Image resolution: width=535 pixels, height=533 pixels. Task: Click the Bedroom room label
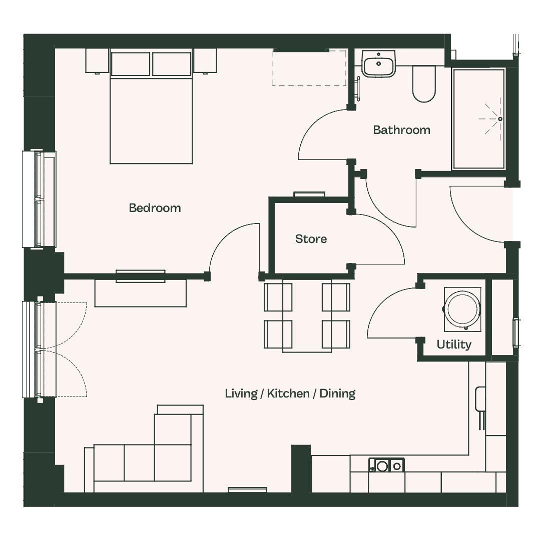[x=155, y=208]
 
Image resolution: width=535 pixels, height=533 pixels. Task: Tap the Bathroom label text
[x=401, y=130]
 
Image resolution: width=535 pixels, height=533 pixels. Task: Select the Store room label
[x=311, y=239]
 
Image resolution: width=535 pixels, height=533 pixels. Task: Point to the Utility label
[x=454, y=344]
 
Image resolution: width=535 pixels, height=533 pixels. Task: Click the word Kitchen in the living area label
[x=288, y=393]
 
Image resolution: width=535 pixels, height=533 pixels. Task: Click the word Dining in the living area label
[x=337, y=393]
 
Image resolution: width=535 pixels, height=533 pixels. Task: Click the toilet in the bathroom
[x=424, y=84]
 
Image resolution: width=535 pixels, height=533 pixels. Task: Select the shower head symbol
[x=500, y=119]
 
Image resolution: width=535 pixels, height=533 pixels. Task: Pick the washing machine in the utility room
[x=462, y=309]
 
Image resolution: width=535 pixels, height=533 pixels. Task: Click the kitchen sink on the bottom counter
[x=386, y=465]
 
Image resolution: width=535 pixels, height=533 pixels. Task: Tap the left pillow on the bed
[x=130, y=63]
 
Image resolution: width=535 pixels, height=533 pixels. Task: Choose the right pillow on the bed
[x=172, y=63]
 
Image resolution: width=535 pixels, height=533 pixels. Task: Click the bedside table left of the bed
[x=97, y=60]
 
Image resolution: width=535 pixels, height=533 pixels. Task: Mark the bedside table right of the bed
[x=205, y=60]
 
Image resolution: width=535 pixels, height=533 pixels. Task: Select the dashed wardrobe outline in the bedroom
[x=309, y=68]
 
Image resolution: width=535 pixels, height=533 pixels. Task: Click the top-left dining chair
[x=278, y=297]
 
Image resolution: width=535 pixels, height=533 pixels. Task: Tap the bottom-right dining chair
[x=336, y=334]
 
